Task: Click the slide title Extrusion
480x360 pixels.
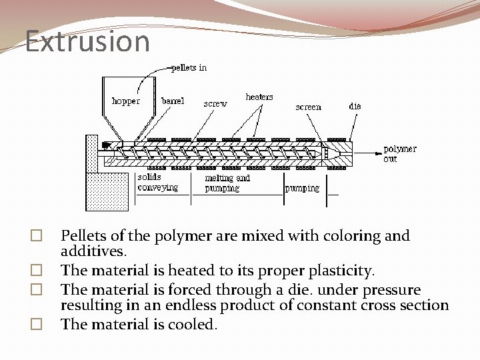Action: pyautogui.click(x=87, y=41)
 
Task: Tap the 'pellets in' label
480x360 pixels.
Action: pyautogui.click(x=189, y=67)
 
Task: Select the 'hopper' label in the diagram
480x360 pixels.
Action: pyautogui.click(x=125, y=101)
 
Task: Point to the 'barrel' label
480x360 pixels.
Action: pyautogui.click(x=173, y=101)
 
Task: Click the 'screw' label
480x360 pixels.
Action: pyautogui.click(x=215, y=104)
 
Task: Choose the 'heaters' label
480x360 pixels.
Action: pyautogui.click(x=259, y=97)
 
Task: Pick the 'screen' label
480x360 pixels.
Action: pyautogui.click(x=308, y=107)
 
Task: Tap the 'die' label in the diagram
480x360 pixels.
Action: pyautogui.click(x=355, y=105)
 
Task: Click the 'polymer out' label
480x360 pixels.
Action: pyautogui.click(x=399, y=154)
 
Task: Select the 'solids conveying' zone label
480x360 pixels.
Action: pyautogui.click(x=157, y=182)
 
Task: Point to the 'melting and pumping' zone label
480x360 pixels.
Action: pyautogui.click(x=227, y=183)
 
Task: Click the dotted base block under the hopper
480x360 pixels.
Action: pyautogui.click(x=107, y=191)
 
